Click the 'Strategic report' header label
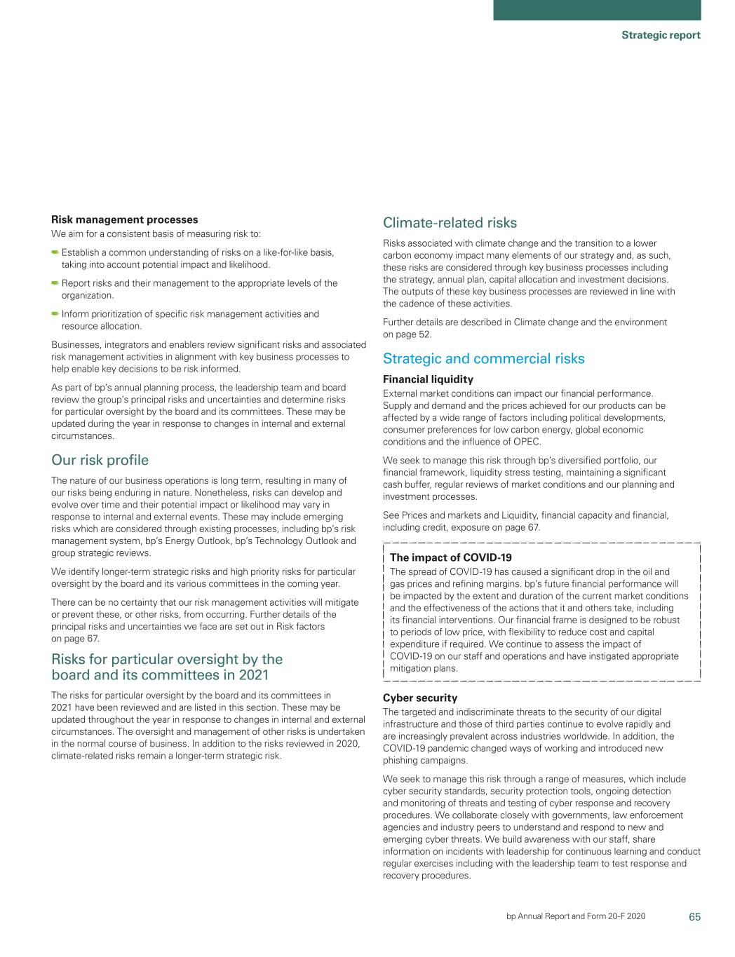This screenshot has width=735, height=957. coord(661,35)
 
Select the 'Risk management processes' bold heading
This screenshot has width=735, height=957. coord(125,220)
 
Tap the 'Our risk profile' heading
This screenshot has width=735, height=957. coord(100,460)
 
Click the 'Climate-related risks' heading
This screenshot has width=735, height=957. coord(450,223)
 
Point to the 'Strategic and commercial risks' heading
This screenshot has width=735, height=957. coord(483,359)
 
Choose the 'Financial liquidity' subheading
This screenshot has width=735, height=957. coord(428,379)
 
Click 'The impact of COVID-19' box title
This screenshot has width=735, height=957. coord(450,557)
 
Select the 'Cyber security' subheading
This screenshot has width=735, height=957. coord(420,698)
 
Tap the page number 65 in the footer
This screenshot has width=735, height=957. coord(694,916)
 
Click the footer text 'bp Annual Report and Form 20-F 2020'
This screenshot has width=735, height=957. coord(576,916)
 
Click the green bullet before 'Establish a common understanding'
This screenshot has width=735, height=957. coord(55,252)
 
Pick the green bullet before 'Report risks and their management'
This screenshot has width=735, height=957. coord(55,283)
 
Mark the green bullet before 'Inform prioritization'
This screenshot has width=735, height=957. coord(55,314)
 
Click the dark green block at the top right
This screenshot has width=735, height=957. coord(597,10)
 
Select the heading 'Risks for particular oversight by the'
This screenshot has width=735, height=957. coord(167,659)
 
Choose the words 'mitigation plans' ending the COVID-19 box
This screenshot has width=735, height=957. coord(424,668)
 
